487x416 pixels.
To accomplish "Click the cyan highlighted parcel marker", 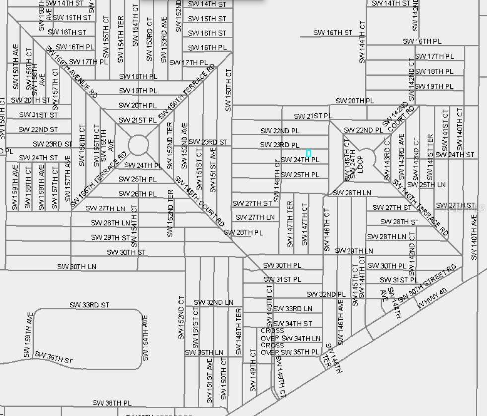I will tap(309, 153).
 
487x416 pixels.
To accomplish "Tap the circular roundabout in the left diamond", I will tap(138, 145).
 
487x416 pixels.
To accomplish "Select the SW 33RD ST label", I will tap(89, 305).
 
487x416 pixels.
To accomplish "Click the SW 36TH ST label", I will tap(54, 358).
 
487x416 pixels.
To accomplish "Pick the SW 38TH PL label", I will tap(112, 403).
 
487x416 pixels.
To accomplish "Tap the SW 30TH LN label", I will tap(76, 267).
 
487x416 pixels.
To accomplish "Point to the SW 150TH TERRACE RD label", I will tap(187, 92).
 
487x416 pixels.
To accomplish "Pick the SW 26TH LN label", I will tap(351, 193).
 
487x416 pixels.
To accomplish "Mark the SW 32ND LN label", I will tap(213, 302).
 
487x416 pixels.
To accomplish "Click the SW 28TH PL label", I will tap(243, 232).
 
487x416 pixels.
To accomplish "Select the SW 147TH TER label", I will tap(290, 224).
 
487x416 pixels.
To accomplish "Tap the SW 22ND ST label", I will tap(38, 130).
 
